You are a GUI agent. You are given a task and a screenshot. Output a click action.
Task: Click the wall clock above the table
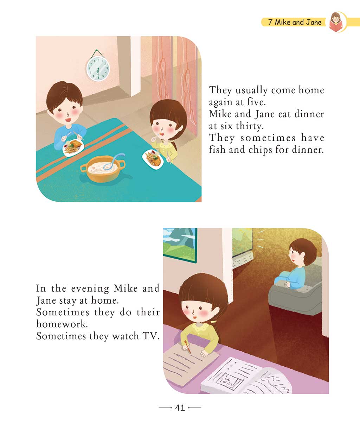pyautogui.click(x=98, y=68)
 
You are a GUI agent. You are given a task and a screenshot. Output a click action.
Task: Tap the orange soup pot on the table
pyautogui.click(x=103, y=169)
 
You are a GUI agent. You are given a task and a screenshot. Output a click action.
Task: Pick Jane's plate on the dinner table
pyautogui.click(x=153, y=159)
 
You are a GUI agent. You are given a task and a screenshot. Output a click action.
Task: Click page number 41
pyautogui.click(x=180, y=407)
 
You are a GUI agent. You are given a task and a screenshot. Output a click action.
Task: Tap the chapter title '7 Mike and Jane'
pyautogui.click(x=295, y=22)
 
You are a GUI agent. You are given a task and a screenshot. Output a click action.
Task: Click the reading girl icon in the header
pyautogui.click(x=336, y=22)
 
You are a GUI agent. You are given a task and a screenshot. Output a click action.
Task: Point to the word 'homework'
pyautogui.click(x=62, y=324)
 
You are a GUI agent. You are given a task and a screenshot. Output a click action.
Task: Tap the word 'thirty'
pyautogui.click(x=250, y=126)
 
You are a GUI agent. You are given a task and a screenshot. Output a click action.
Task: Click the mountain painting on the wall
pyautogui.click(x=180, y=245)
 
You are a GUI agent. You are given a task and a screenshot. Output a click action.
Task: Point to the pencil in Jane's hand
pyautogui.click(x=188, y=347)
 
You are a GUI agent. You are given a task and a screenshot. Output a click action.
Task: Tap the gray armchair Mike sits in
pyautogui.click(x=295, y=292)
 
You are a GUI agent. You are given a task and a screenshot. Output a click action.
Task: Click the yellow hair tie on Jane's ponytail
pyautogui.click(x=213, y=322)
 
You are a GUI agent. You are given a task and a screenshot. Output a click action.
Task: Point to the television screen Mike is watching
pyautogui.click(x=242, y=242)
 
